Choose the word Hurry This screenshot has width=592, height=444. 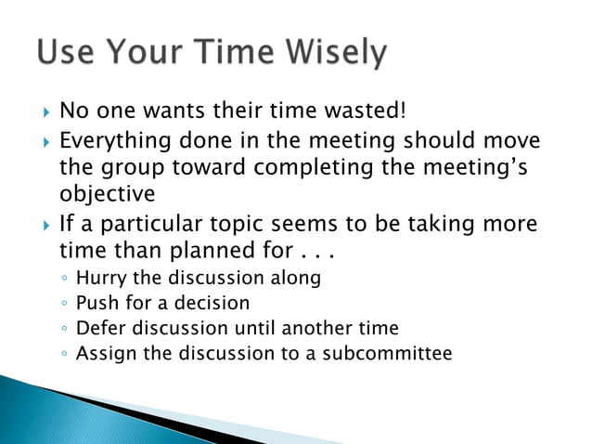(x=101, y=279)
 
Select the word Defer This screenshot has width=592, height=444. (x=99, y=328)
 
